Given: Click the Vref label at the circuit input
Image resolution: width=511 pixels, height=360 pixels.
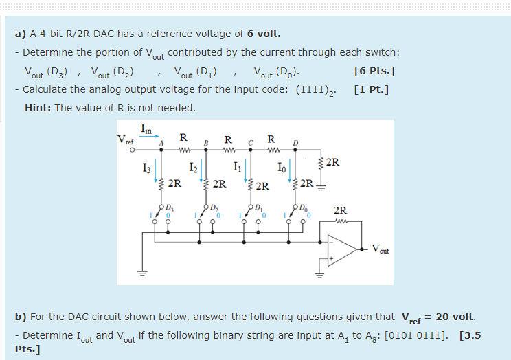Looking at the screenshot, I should click(x=126, y=140).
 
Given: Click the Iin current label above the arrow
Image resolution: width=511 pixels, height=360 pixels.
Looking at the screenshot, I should click(x=147, y=127).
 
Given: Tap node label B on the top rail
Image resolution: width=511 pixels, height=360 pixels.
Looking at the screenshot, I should click(x=204, y=143).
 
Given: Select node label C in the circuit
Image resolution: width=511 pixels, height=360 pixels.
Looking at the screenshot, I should click(x=251, y=143).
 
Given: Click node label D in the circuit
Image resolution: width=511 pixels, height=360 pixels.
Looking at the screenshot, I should click(x=295, y=143).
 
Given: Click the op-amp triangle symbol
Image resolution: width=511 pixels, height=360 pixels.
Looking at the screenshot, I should click(x=341, y=248).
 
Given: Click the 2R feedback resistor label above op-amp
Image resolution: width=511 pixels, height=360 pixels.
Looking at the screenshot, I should click(x=340, y=211).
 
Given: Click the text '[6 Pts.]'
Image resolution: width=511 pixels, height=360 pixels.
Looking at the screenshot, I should click(x=374, y=71).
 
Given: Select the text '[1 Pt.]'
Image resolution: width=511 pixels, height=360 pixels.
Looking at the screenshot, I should click(x=372, y=89).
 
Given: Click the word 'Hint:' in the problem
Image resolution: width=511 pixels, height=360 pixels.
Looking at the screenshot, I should click(x=39, y=108).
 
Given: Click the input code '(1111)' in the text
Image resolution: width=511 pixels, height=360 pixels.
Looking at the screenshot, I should click(x=318, y=90).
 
